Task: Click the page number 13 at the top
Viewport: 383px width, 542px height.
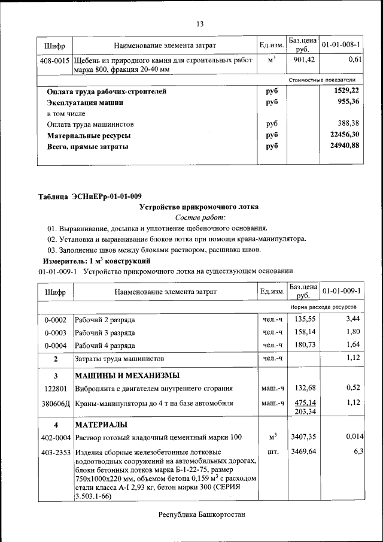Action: click(200, 24)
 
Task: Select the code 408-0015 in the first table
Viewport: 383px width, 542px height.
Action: click(55, 61)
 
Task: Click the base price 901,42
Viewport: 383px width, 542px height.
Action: click(303, 60)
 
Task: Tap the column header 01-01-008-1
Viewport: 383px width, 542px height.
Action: click(341, 46)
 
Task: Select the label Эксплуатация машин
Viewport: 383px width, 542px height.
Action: click(85, 102)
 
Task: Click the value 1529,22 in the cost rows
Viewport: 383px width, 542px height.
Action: click(346, 91)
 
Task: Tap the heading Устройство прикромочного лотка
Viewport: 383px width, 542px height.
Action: click(199, 207)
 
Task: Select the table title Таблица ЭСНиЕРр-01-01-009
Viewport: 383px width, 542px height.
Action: click(90, 196)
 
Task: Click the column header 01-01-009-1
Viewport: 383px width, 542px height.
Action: click(341, 292)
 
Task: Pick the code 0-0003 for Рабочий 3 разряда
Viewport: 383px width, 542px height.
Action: click(55, 332)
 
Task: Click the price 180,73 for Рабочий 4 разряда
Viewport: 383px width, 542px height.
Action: click(303, 344)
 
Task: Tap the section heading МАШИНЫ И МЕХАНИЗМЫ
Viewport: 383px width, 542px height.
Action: click(126, 376)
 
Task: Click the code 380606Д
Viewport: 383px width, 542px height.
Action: click(55, 403)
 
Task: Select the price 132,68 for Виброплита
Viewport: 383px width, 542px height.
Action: click(303, 388)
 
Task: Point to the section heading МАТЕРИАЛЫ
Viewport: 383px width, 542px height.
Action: click(101, 425)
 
